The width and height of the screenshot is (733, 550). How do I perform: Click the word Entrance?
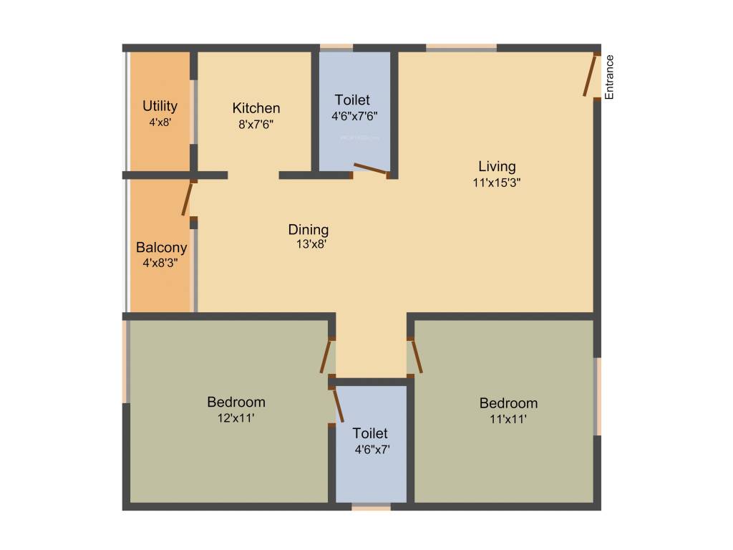(x=609, y=77)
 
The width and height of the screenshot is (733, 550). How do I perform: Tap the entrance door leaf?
(x=591, y=74)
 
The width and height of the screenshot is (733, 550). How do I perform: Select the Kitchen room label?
(x=256, y=108)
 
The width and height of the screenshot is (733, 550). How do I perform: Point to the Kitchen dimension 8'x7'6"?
(x=256, y=123)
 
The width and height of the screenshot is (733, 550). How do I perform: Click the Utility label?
(x=160, y=107)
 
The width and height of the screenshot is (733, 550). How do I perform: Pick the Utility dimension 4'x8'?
(x=160, y=122)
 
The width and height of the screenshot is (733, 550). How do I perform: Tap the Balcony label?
(x=162, y=248)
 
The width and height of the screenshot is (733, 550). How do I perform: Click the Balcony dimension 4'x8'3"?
(x=162, y=263)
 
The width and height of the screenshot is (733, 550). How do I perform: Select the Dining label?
(x=309, y=230)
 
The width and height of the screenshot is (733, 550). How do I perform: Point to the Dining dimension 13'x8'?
(x=309, y=244)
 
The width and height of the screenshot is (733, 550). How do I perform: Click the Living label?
(x=497, y=167)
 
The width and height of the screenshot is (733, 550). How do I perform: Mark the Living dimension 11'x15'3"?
(x=497, y=182)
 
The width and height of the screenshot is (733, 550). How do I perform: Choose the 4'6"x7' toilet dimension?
(x=370, y=450)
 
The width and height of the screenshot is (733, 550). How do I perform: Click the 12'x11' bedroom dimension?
(x=236, y=417)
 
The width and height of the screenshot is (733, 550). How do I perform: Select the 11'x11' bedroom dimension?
(x=508, y=419)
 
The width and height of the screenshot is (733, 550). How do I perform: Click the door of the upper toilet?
(x=370, y=169)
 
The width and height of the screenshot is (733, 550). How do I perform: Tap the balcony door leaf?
(x=188, y=198)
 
